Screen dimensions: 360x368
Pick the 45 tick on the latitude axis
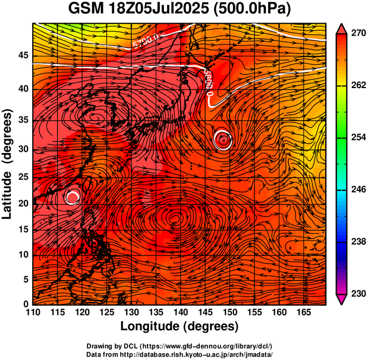tap(22, 55)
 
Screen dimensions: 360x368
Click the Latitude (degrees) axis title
tap(8, 164)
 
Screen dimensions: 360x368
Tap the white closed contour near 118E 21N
tap(72, 197)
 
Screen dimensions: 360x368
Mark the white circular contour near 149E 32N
tap(223, 139)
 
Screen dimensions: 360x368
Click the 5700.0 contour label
tap(146, 43)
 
